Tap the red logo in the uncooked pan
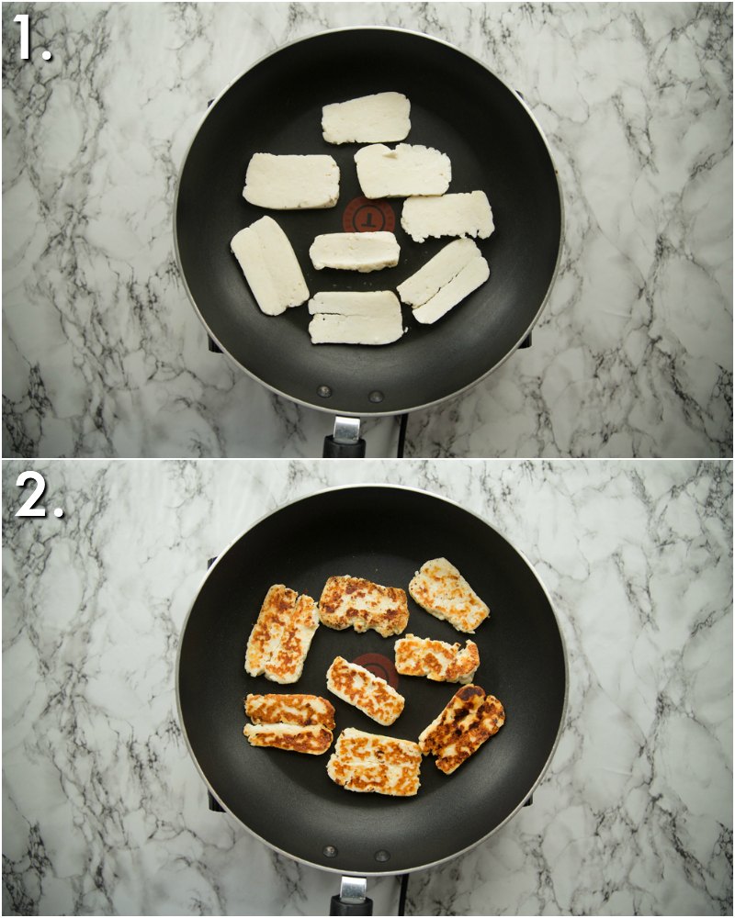pyautogui.click(x=369, y=217)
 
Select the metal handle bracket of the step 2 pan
pyautogui.click(x=353, y=889)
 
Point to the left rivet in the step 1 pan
pyautogui.click(x=323, y=392)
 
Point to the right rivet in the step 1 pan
pyautogui.click(x=375, y=397)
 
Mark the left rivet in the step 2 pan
pyautogui.click(x=330, y=851)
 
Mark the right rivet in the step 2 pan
pyautogui.click(x=380, y=856)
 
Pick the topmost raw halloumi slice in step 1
pyautogui.click(x=366, y=118)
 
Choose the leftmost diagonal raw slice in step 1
pyautogui.click(x=269, y=265)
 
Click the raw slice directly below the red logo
pyautogui.click(x=355, y=251)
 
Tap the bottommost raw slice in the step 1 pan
pyautogui.click(x=356, y=318)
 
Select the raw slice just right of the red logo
pyautogui.click(x=447, y=216)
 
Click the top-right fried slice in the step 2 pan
pyautogui.click(x=448, y=595)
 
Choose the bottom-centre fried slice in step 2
pyautogui.click(x=375, y=762)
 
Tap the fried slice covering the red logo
pyautogui.click(x=365, y=690)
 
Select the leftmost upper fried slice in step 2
pyautogui.click(x=282, y=633)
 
